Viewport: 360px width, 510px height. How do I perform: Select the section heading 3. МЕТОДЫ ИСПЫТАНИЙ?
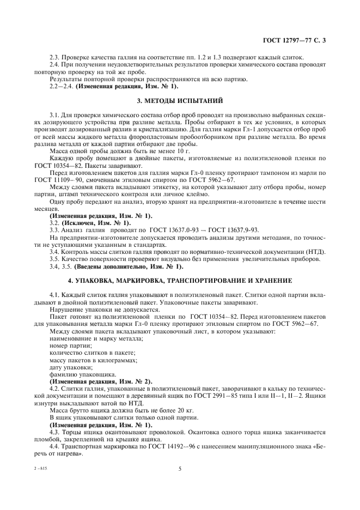coord(180,101)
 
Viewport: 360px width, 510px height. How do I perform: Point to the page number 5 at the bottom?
coord(179,467)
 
